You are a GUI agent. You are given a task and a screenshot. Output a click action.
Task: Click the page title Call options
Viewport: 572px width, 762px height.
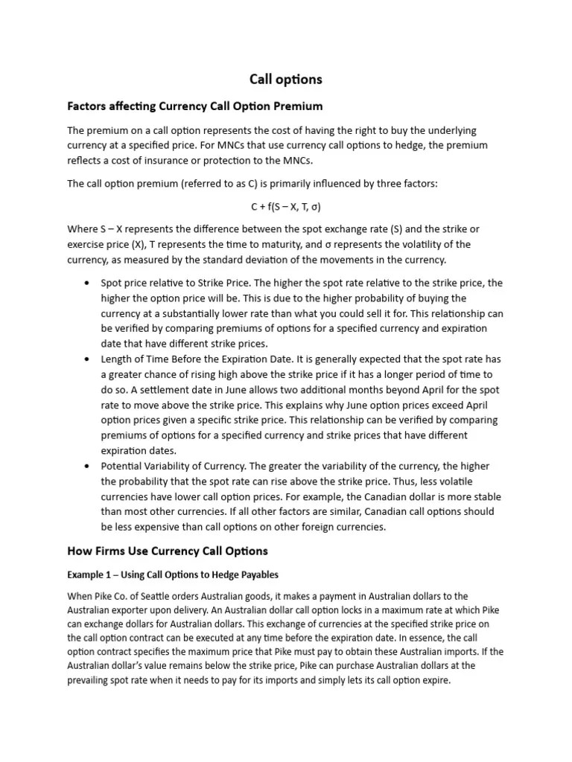click(286, 80)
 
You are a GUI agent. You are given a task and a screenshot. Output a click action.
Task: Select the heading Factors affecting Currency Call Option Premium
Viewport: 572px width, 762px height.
click(195, 106)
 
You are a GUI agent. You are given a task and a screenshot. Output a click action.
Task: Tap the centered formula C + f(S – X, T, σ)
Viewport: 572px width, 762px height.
click(286, 206)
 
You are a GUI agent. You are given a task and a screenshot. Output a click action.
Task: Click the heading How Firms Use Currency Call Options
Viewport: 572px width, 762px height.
click(168, 551)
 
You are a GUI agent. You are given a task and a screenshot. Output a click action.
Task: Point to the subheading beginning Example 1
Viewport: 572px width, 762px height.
click(173, 574)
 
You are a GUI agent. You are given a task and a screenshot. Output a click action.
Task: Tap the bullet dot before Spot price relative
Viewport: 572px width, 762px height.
click(87, 283)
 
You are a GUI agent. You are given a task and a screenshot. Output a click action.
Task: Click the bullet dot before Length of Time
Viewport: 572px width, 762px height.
click(87, 359)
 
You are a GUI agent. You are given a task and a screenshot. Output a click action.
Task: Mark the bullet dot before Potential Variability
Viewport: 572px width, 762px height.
click(87, 467)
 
